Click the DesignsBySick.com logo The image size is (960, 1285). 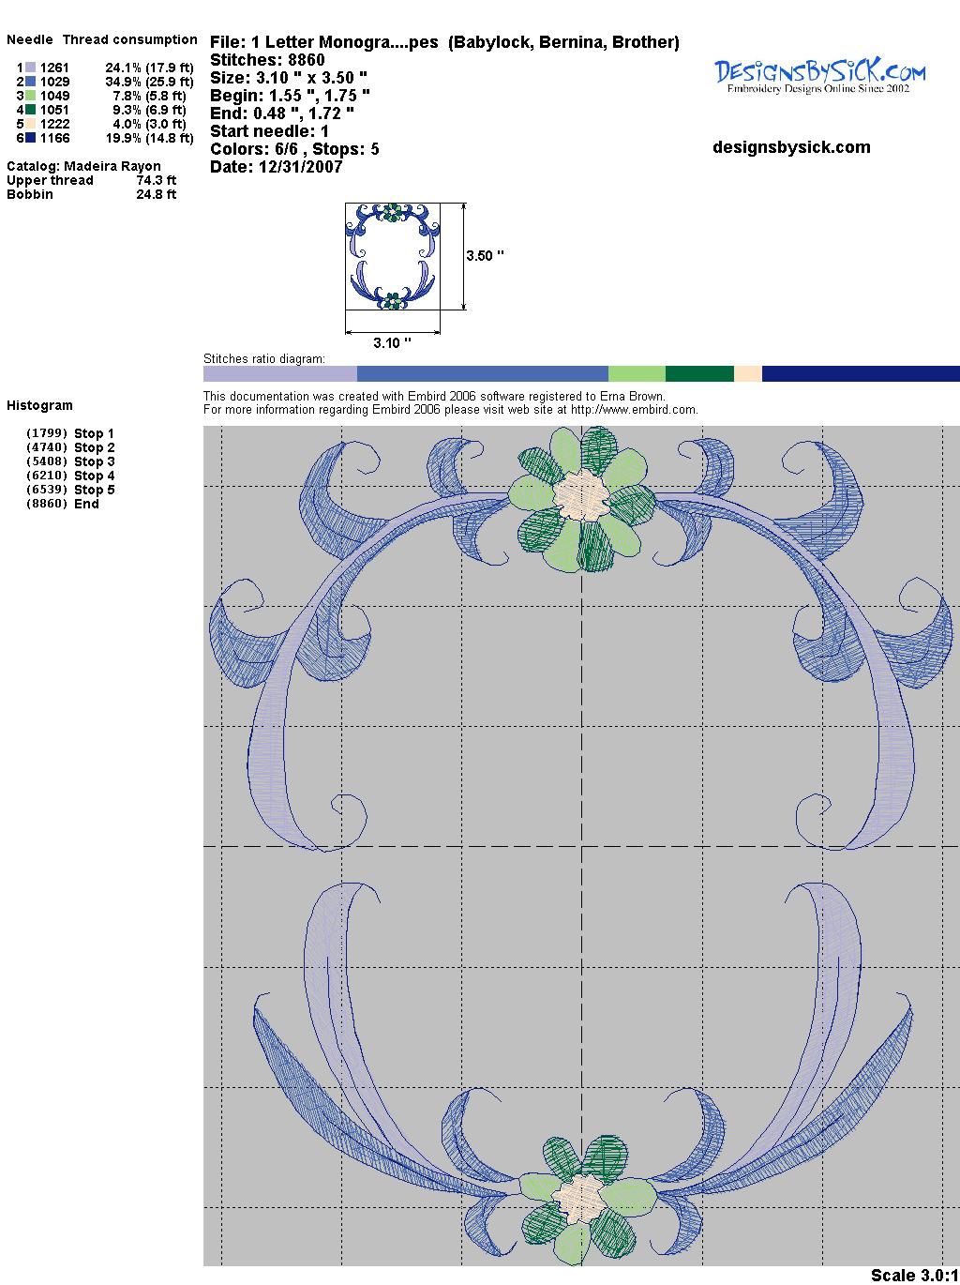(x=819, y=75)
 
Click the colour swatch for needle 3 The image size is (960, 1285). (x=30, y=96)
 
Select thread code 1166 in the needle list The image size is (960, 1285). (x=55, y=138)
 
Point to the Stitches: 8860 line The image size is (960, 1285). (x=267, y=60)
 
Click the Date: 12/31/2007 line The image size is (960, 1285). (x=277, y=167)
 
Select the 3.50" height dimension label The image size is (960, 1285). (x=485, y=256)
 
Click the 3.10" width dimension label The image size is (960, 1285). (x=392, y=342)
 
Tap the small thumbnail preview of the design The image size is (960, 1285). (x=393, y=256)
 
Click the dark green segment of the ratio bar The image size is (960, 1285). (x=699, y=373)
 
